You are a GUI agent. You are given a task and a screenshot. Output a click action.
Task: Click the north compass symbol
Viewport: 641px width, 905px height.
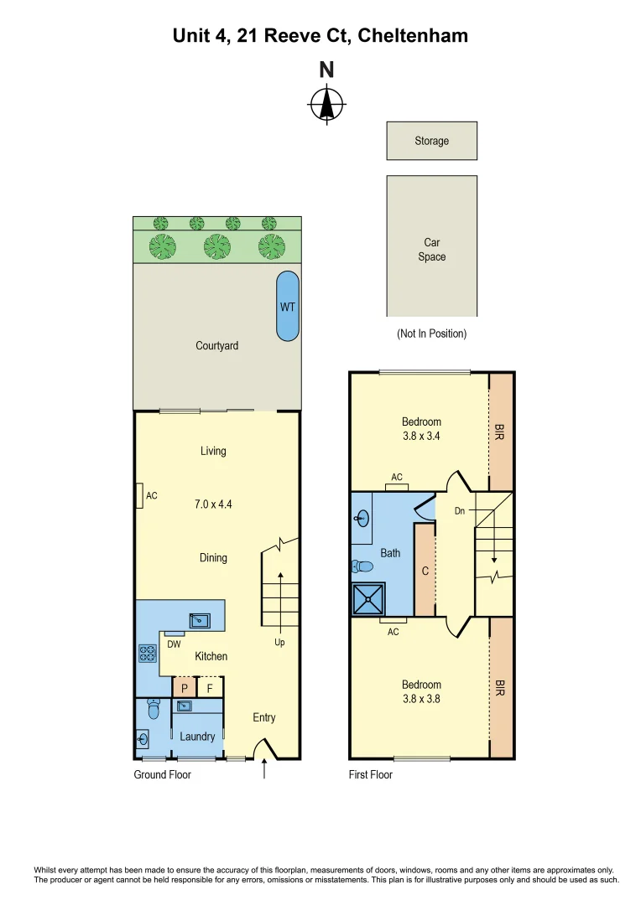pyautogui.click(x=326, y=106)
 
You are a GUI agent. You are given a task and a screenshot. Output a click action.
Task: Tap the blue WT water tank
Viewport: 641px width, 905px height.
pyautogui.click(x=287, y=306)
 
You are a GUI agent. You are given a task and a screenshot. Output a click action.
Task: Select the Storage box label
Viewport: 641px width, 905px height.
pyautogui.click(x=431, y=141)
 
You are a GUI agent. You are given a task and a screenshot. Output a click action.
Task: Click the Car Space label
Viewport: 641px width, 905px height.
pyautogui.click(x=431, y=249)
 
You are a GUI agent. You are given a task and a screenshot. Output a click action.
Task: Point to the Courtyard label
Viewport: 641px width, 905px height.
pyautogui.click(x=216, y=345)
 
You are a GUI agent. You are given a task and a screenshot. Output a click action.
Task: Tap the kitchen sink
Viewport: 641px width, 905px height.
pyautogui.click(x=200, y=621)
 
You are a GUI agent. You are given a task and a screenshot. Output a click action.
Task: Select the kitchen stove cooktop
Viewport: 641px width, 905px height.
pyautogui.click(x=148, y=654)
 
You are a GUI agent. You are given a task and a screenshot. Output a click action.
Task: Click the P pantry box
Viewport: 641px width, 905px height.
pyautogui.click(x=184, y=688)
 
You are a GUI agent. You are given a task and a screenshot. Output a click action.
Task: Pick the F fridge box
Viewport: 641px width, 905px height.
pyautogui.click(x=211, y=688)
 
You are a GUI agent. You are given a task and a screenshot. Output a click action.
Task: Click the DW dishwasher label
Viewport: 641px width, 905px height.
pyautogui.click(x=174, y=644)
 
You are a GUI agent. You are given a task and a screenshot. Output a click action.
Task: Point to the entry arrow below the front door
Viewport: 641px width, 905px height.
pyautogui.click(x=265, y=768)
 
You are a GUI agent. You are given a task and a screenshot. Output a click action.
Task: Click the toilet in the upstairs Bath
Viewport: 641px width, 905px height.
pyautogui.click(x=362, y=566)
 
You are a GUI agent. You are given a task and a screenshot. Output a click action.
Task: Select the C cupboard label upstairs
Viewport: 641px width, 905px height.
pyautogui.click(x=425, y=571)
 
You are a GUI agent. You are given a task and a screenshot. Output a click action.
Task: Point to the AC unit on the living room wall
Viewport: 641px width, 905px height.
pyautogui.click(x=140, y=495)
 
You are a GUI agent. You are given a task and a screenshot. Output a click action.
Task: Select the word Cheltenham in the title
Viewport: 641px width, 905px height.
pyautogui.click(x=413, y=35)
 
